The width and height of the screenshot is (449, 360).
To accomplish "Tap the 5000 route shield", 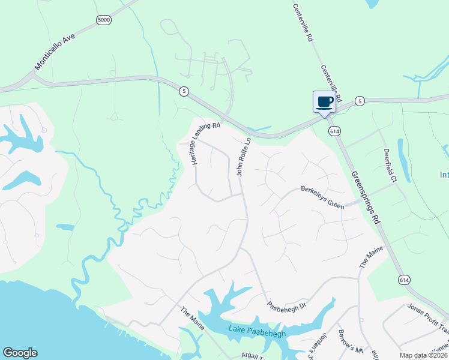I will click(x=104, y=20).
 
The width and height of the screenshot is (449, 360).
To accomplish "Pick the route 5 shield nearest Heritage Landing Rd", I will click(x=184, y=91).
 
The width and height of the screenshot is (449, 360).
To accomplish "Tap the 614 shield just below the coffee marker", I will click(x=332, y=130).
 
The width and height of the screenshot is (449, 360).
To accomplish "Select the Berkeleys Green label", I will click(x=322, y=197).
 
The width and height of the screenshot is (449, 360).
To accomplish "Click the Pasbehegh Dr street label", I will click(x=287, y=305).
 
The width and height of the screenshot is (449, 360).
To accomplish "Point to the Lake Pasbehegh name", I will click(x=256, y=331).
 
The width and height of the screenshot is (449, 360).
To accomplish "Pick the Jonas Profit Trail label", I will click(x=428, y=316).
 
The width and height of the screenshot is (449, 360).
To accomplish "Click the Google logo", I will click(x=20, y=353).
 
